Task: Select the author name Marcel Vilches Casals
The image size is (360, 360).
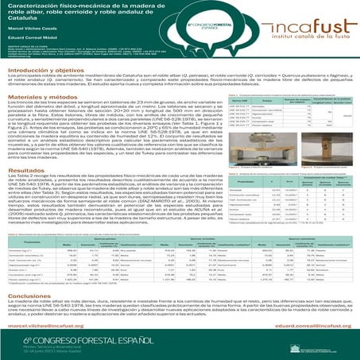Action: click(29, 36)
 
